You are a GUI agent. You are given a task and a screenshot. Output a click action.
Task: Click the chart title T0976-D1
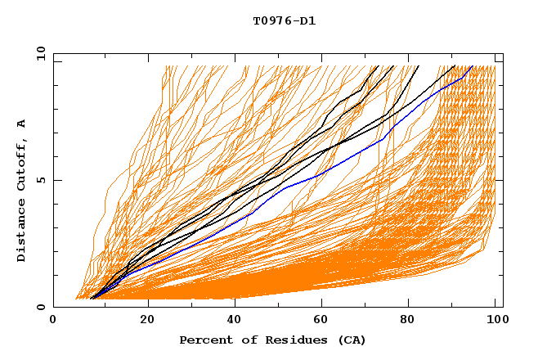[284, 20]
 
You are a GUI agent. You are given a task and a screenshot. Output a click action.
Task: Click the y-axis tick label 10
[39, 53]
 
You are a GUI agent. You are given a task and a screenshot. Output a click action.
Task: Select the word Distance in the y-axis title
[22, 232]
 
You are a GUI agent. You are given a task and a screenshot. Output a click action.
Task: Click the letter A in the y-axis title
[22, 123]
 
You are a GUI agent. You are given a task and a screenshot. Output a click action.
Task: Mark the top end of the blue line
[472, 66]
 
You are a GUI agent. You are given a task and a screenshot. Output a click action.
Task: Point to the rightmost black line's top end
[455, 66]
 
